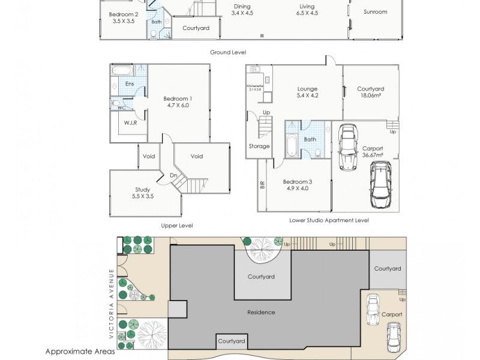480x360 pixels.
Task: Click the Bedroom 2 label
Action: (124, 14)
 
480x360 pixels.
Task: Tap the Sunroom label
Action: (376, 11)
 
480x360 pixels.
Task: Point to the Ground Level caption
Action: (227, 52)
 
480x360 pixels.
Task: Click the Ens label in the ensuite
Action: (129, 84)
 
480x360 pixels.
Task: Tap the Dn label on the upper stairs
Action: (173, 175)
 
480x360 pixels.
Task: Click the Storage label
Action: (259, 146)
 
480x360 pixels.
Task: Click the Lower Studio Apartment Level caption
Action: (329, 220)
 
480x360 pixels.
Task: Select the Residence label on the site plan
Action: (261, 312)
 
